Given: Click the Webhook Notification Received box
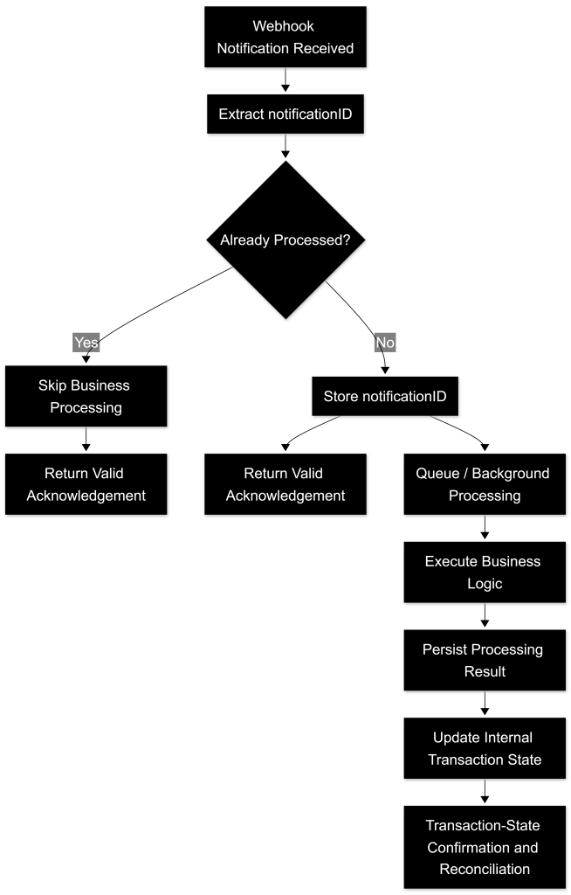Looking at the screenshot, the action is pyautogui.click(x=285, y=37).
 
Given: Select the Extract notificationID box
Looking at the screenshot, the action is pyautogui.click(x=285, y=114).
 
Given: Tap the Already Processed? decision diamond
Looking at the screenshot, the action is pyautogui.click(x=285, y=239).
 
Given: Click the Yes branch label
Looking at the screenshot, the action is pyautogui.click(x=86, y=343).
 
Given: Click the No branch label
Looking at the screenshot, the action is pyautogui.click(x=385, y=343).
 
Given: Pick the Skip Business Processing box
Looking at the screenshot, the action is pyautogui.click(x=86, y=396).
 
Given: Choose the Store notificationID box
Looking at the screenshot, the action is pyautogui.click(x=385, y=396).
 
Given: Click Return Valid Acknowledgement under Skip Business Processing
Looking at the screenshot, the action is pyautogui.click(x=86, y=484).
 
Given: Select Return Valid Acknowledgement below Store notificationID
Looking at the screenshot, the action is pyautogui.click(x=285, y=484).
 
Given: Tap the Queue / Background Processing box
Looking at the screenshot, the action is pyautogui.click(x=485, y=484).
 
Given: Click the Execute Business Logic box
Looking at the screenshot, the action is pyautogui.click(x=485, y=572).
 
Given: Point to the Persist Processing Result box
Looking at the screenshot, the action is pyautogui.click(x=485, y=660).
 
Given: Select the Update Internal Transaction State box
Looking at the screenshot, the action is pyautogui.click(x=485, y=748).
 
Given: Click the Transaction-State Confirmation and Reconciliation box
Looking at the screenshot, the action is pyautogui.click(x=485, y=847).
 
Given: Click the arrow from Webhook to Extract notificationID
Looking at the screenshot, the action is pyautogui.click(x=285, y=80).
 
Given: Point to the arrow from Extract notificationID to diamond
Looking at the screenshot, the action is pyautogui.click(x=285, y=146).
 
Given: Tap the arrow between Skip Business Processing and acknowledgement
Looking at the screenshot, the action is pyautogui.click(x=86, y=439).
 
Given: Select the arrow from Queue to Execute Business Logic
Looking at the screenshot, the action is pyautogui.click(x=485, y=527).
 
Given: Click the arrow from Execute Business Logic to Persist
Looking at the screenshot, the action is pyautogui.click(x=485, y=615).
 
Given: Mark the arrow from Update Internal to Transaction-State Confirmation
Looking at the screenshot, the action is pyautogui.click(x=485, y=791).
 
